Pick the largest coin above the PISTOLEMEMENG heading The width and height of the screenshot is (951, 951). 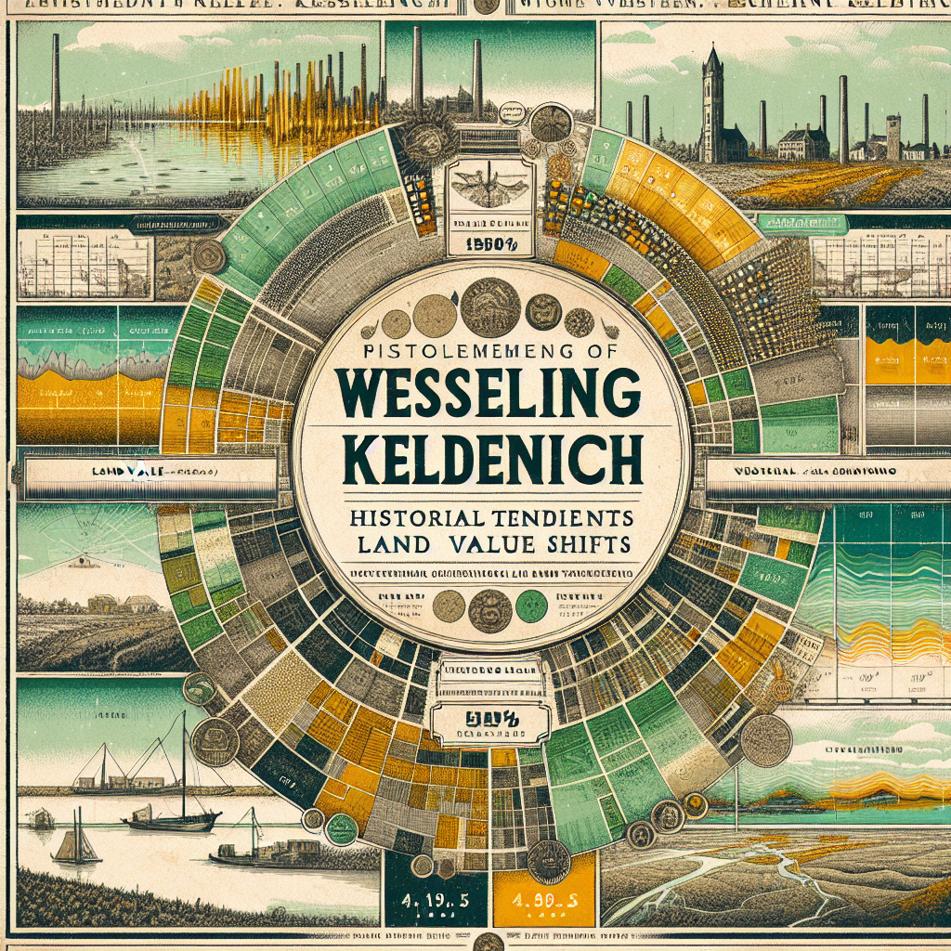[489, 307]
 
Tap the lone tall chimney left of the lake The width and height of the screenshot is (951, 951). [56, 84]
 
